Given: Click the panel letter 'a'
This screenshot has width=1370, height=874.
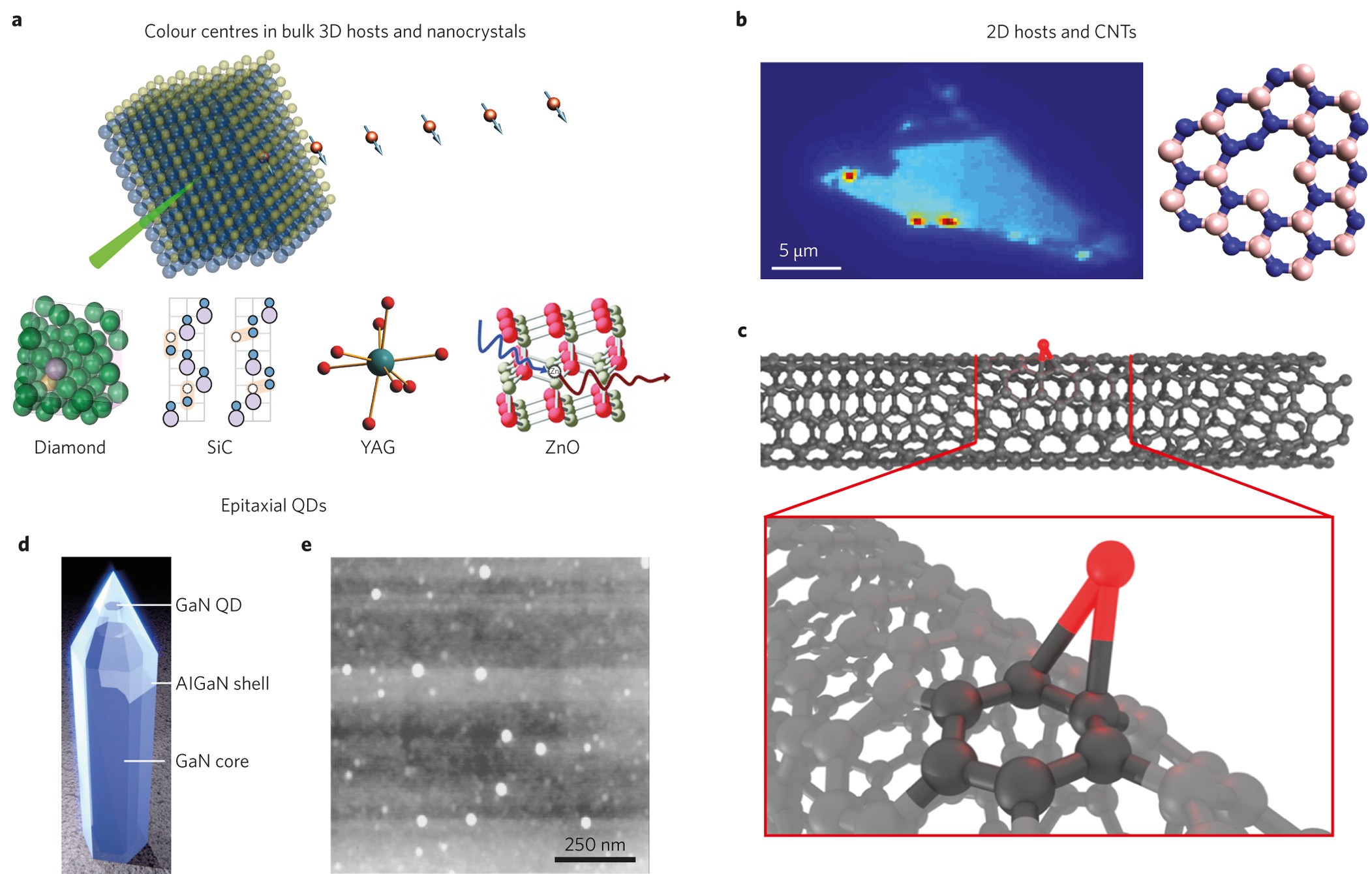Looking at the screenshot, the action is pos(17,20).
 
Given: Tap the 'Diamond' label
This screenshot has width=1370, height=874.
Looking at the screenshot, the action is pos(70,447).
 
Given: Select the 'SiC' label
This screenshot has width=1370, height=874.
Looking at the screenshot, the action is pos(219,447).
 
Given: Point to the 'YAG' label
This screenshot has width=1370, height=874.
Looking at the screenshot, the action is pos(378,447).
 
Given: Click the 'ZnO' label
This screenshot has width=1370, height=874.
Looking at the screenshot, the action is pos(562,447).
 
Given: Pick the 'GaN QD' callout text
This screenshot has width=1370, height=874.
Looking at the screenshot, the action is pos(209,605).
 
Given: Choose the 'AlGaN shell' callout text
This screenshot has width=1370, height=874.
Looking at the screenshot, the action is pos(222,684).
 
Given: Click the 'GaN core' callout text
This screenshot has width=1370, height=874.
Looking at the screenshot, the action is pos(212,761).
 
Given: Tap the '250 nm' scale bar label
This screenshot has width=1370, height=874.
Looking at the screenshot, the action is pos(594,845).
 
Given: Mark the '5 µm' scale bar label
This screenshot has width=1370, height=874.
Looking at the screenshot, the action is pos(799,250).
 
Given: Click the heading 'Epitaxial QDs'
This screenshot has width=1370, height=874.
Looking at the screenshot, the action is pos(273,505).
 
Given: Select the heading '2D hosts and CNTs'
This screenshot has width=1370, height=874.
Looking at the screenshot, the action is pos(1061,32).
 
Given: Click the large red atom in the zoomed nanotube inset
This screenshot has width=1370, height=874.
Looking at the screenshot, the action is pos(1110,565).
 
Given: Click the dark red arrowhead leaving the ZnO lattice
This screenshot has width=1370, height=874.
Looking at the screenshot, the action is pos(666,378).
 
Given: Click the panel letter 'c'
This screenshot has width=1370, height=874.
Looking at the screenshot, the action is pos(742,331).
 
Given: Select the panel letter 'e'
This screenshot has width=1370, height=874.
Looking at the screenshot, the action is pos(307,545).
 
